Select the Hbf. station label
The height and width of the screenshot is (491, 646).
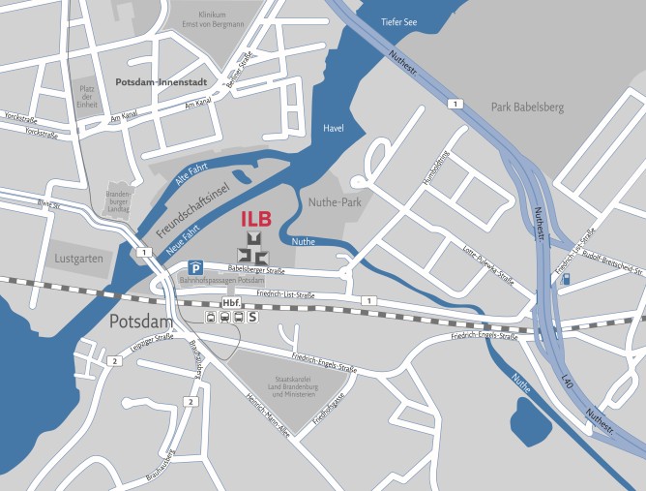[x=230, y=302]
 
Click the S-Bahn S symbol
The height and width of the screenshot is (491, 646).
[x=253, y=316]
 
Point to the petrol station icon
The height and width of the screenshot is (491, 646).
[x=565, y=279]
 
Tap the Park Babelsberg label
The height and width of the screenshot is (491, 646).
[x=527, y=107]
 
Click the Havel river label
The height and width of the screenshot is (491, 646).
[x=332, y=128]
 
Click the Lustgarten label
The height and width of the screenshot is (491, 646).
[x=79, y=261]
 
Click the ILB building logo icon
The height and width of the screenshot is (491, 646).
[x=254, y=247]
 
